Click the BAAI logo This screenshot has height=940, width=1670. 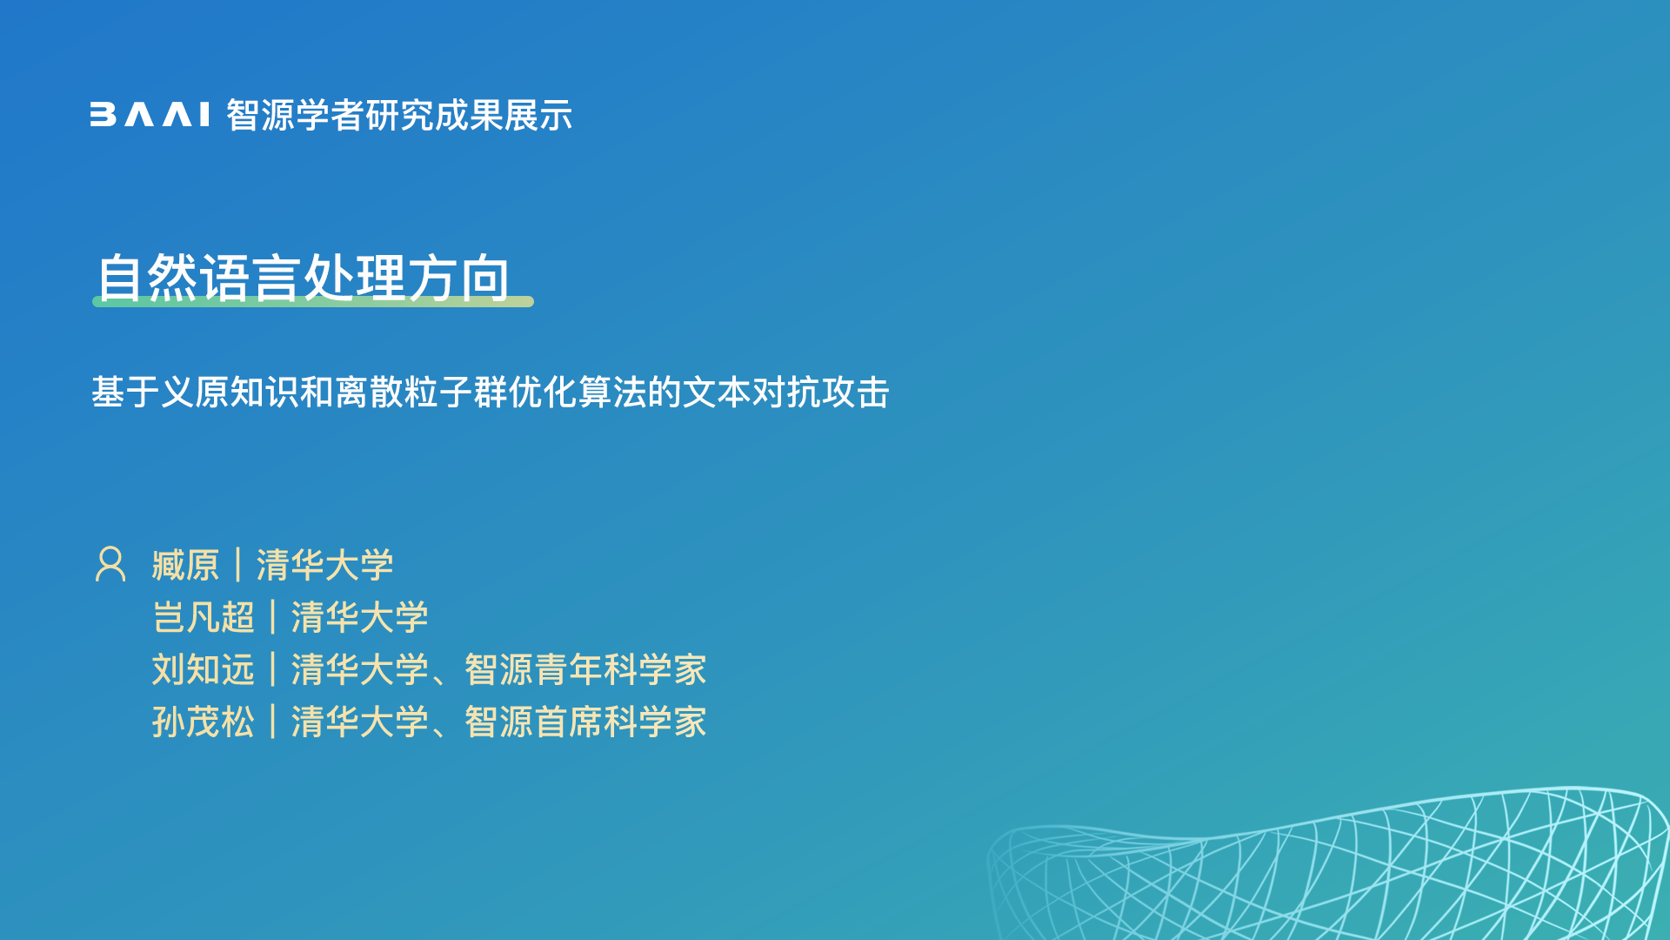(x=150, y=115)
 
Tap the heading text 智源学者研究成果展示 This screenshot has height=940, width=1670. (x=399, y=115)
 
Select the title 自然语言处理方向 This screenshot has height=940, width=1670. (x=303, y=278)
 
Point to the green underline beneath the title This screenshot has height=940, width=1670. (x=313, y=301)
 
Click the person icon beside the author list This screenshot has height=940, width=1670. (x=110, y=564)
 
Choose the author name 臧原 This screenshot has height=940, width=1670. (x=185, y=565)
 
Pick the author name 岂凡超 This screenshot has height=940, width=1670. (x=203, y=617)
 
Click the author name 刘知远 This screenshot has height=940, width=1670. (x=203, y=669)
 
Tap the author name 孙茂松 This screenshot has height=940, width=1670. (x=203, y=722)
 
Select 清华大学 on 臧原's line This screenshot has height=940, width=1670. (x=324, y=565)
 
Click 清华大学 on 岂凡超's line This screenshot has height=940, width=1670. (x=359, y=617)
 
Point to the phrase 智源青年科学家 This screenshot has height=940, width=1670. (x=585, y=669)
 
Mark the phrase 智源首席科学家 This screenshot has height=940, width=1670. (x=585, y=722)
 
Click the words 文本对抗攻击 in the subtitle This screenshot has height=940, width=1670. (x=786, y=393)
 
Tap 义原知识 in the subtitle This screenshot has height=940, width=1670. (x=230, y=393)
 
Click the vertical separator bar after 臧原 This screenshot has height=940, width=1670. (x=237, y=565)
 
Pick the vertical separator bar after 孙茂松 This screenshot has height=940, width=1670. (x=272, y=722)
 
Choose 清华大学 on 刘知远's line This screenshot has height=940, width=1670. (x=359, y=669)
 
